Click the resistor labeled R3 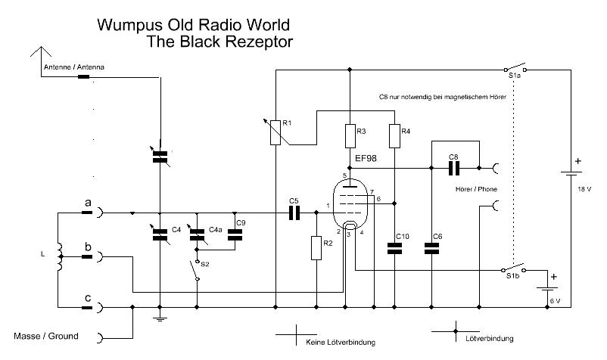[x=350, y=136]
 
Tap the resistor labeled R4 [x=394, y=136]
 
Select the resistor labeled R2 [x=315, y=247]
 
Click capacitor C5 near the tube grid [x=294, y=213]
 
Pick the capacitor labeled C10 [x=394, y=247]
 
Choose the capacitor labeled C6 [x=431, y=247]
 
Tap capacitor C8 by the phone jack [x=455, y=167]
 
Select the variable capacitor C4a [x=197, y=234]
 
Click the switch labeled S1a [x=515, y=69]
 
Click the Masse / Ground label [x=46, y=336]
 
